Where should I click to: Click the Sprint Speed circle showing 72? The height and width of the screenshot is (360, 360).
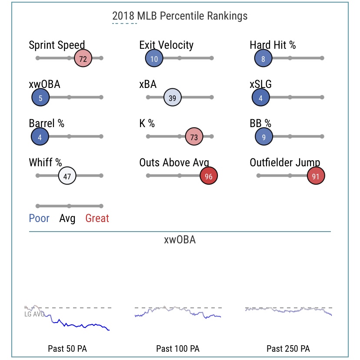pos(83,58)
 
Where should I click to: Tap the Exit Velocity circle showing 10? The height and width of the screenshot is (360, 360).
pos(154,58)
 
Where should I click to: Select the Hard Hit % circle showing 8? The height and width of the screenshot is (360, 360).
pos(263,58)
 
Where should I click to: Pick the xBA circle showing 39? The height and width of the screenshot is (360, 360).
pos(172,98)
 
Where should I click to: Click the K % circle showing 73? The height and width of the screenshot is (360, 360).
pos(194,137)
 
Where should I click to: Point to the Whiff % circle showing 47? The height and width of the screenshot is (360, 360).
pos(67,176)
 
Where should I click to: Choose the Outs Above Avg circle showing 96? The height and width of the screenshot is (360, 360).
pos(209,176)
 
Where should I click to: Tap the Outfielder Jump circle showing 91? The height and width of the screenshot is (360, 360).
pos(316,176)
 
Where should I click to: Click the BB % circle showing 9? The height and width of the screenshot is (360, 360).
pos(264,137)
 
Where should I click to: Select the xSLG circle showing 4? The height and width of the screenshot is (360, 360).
pos(261,98)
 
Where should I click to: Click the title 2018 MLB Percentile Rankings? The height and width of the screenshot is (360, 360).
pos(180,16)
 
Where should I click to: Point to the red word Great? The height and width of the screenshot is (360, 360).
pos(97,218)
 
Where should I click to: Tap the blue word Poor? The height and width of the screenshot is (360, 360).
pos(39,218)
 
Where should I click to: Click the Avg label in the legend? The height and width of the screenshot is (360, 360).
pos(67,218)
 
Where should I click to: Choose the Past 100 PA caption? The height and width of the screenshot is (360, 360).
pos(178,349)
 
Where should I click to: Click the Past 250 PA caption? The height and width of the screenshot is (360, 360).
pos(288,349)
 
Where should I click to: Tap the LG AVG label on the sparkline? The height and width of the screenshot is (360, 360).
pos(34,314)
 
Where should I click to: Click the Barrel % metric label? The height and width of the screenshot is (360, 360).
pos(47,123)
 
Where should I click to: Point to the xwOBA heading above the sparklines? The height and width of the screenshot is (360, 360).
pos(180,239)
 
